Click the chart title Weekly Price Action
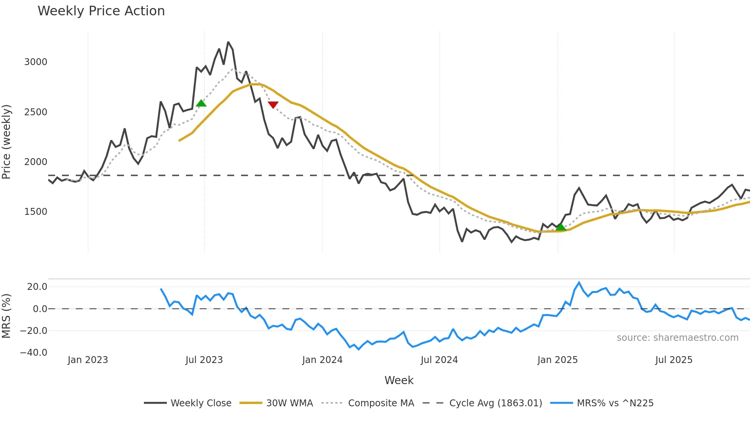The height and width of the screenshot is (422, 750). pos(101,11)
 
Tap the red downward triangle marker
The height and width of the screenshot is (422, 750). pos(273,105)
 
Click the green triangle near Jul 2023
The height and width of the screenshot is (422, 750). pos(201,103)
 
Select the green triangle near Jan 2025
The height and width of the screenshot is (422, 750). pos(561,227)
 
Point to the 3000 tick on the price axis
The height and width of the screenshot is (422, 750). pos(36,62)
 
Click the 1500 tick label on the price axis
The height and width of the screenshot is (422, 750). pos(36,212)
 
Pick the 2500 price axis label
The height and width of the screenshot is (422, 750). pos(36,112)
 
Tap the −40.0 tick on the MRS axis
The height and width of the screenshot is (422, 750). pos(34,353)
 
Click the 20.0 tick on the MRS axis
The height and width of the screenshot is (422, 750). pos(37,287)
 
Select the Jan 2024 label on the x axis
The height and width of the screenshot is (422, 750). pos(322,360)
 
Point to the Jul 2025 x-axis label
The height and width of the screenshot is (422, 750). pos(674,360)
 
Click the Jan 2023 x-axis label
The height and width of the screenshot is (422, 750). pos(88,360)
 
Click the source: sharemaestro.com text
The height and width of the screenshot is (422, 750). pos(677,338)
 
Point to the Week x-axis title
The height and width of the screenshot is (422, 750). pos(399,380)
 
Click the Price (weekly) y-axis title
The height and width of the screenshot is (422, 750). pos(6,142)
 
